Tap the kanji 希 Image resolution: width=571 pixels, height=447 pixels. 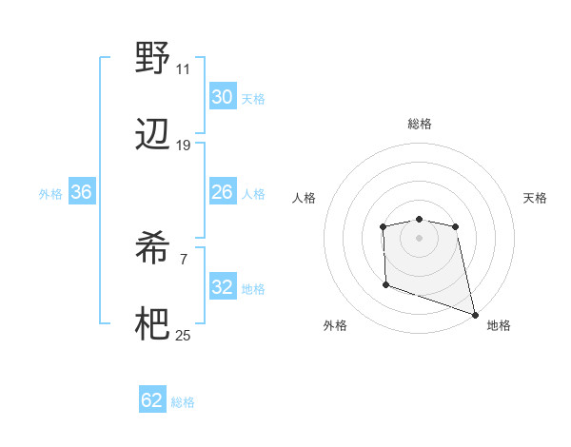point(152,249)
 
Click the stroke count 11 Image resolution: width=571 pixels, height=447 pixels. point(183,69)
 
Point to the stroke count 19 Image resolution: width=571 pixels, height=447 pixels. point(183,146)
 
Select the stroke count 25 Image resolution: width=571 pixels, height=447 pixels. point(183,336)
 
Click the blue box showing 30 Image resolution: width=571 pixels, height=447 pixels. point(222,97)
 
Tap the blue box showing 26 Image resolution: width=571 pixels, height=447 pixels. point(222,192)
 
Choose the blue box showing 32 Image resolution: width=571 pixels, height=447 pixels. point(222,287)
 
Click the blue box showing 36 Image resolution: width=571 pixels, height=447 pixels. point(81,192)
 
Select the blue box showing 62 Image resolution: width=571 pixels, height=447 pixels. point(152,400)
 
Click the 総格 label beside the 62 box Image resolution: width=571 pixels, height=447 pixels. point(183,402)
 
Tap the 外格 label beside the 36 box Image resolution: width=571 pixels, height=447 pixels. point(50,194)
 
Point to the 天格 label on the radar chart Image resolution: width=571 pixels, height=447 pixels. point(536,198)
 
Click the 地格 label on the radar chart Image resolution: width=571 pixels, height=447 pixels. point(499,326)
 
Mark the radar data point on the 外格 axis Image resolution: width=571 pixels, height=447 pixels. point(385,284)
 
